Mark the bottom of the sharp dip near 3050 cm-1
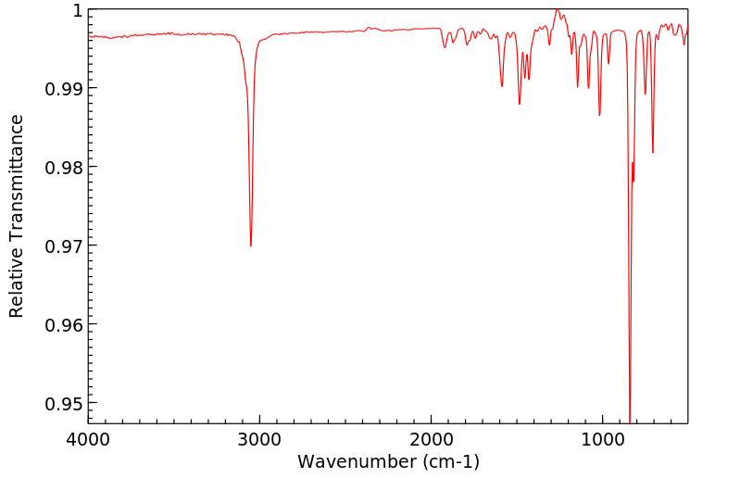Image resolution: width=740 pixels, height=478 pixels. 251,245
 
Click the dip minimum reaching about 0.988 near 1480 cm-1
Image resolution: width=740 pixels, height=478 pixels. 520,104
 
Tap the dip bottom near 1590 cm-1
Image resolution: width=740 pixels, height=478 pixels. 502,86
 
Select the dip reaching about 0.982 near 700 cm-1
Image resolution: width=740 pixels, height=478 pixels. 653,153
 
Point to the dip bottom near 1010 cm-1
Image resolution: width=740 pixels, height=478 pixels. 600,115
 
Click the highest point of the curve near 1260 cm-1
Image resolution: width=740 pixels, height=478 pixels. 557,9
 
